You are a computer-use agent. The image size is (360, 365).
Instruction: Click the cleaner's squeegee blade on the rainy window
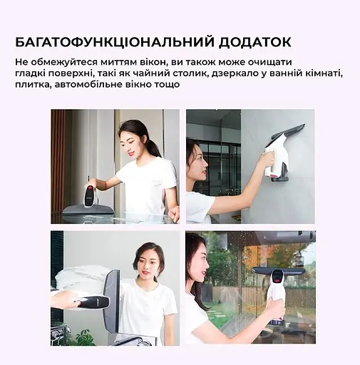pyautogui.click(x=279, y=271)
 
